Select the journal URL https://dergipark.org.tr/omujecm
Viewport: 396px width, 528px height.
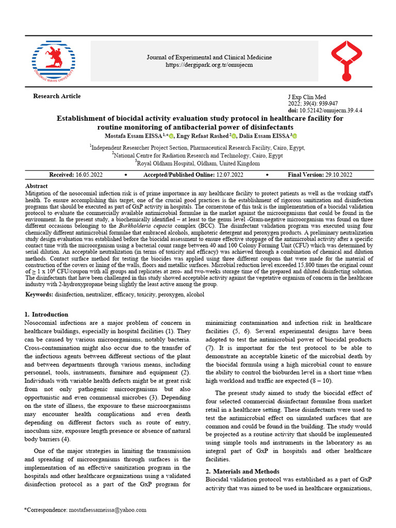point(209,65)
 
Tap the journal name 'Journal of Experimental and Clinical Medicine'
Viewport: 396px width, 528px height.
point(209,57)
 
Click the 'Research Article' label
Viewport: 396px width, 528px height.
point(57,96)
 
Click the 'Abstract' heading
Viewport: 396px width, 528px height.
point(36,186)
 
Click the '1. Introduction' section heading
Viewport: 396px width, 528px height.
point(46,314)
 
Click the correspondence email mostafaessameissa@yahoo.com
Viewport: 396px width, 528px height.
point(107,509)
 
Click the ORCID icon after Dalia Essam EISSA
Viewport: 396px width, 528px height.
point(294,136)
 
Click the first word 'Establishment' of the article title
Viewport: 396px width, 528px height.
point(79,118)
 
